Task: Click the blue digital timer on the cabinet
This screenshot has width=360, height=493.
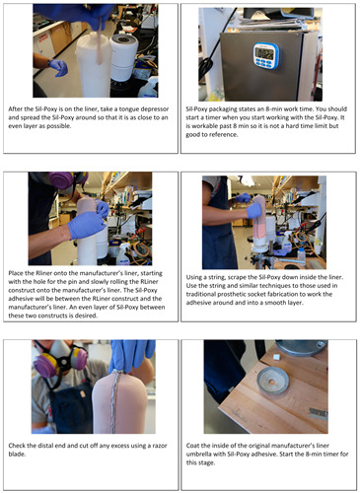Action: (265, 55)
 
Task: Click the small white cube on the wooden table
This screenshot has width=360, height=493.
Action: (276, 357)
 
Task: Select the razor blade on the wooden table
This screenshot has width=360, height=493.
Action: (319, 414)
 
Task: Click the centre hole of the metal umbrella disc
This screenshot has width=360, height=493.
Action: (271, 382)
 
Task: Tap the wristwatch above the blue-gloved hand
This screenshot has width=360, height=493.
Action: (49, 62)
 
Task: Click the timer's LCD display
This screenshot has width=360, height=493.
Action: (264, 53)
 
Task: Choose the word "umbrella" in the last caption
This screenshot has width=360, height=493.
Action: (199, 455)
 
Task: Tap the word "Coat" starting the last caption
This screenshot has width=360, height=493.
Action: (192, 446)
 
